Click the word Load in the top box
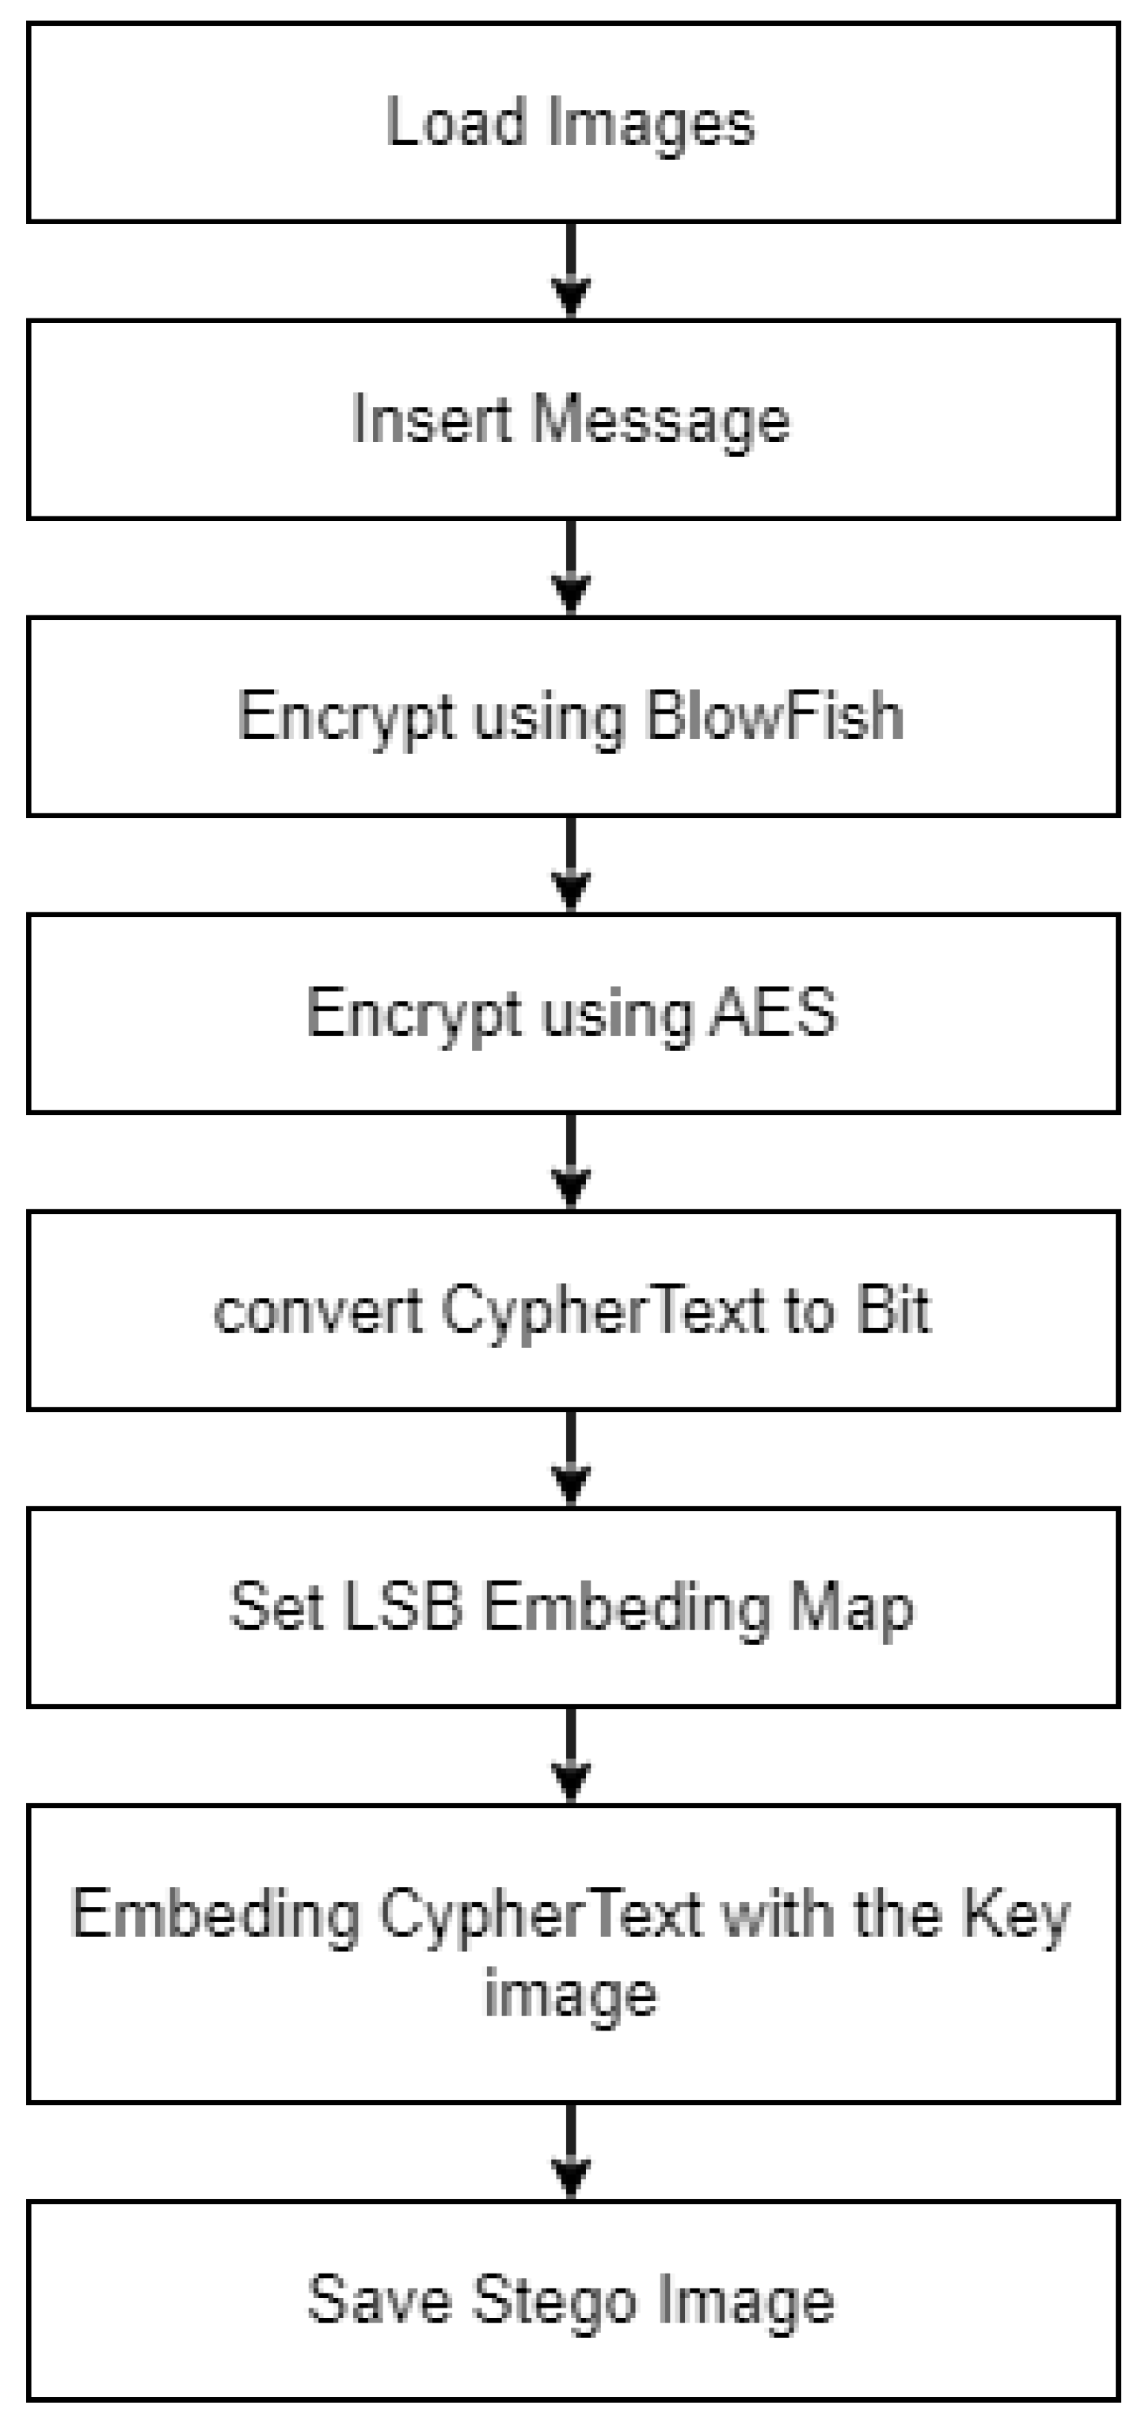pyautogui.click(x=455, y=123)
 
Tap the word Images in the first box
pyautogui.click(x=650, y=124)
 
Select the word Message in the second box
pyautogui.click(x=659, y=421)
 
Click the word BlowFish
pyautogui.click(x=774, y=717)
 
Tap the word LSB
pyautogui.click(x=401, y=1607)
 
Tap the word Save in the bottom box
pyautogui.click(x=378, y=2300)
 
